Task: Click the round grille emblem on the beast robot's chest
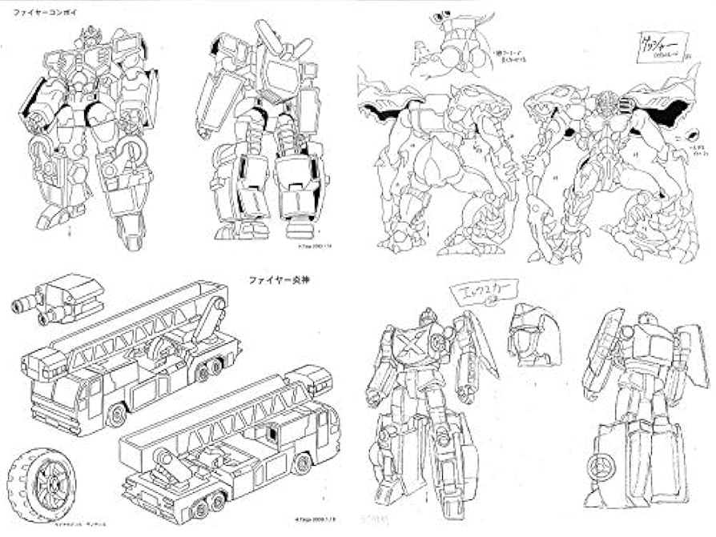(606, 104)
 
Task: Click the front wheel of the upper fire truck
(117, 415)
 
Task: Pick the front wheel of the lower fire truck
(302, 463)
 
